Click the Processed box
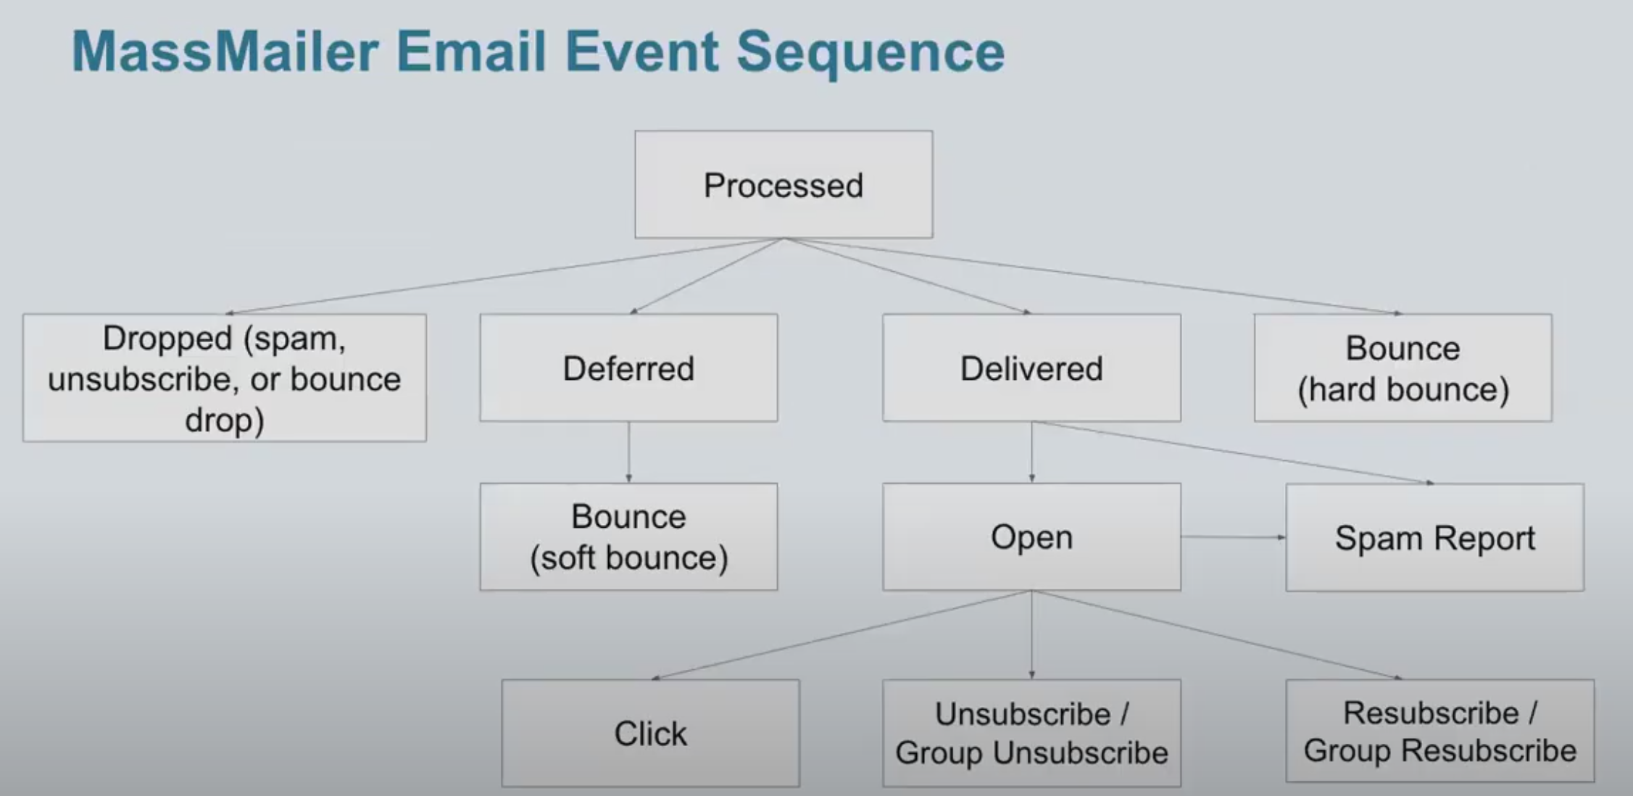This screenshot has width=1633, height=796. pyautogui.click(x=784, y=184)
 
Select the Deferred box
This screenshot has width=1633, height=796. pyautogui.click(x=628, y=368)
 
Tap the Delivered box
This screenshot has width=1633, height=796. pyautogui.click(x=1031, y=368)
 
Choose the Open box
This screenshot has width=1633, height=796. pyautogui.click(x=1031, y=536)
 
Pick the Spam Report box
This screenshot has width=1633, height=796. pyautogui.click(x=1435, y=537)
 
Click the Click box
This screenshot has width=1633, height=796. pyautogui.click(x=651, y=733)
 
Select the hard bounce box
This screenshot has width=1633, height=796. pyautogui.click(x=1403, y=368)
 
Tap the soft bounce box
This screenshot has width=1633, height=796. pyautogui.click(x=628, y=536)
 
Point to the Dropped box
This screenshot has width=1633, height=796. pyautogui.click(x=225, y=378)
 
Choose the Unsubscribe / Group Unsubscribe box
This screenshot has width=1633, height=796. pyautogui.click(x=1031, y=733)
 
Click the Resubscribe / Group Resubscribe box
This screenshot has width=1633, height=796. pyautogui.click(x=1440, y=731)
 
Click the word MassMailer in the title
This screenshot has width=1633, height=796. pyautogui.click(x=225, y=52)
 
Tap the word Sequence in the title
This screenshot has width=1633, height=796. pyautogui.click(x=870, y=54)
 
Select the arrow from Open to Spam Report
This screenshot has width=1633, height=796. pyautogui.click(x=1234, y=537)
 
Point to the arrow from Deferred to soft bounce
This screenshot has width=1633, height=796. pyautogui.click(x=628, y=452)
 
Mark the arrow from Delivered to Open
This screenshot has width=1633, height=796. pyautogui.click(x=1031, y=452)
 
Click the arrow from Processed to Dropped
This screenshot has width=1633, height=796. pyautogui.click(x=504, y=276)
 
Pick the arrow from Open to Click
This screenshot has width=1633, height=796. pyautogui.click(x=842, y=635)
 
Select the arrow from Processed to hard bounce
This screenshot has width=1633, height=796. pyautogui.click(x=1093, y=276)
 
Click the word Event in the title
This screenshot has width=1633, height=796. pyautogui.click(x=642, y=52)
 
